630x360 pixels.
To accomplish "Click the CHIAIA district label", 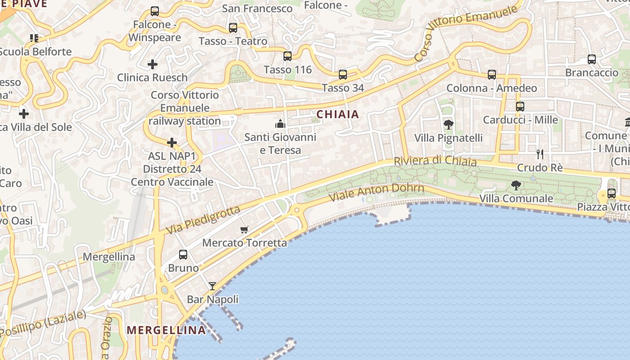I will pyautogui.click(x=337, y=114).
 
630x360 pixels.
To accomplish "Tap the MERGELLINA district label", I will pyautogui.click(x=166, y=330).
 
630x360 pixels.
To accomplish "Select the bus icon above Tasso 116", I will pyautogui.click(x=287, y=56).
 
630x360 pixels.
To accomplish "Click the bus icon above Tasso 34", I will pyautogui.click(x=342, y=74).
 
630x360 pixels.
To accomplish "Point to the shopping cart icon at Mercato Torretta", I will pyautogui.click(x=244, y=230).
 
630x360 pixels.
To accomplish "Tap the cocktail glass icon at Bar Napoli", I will pyautogui.click(x=212, y=286).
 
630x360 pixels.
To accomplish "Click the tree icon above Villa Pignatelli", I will pyautogui.click(x=448, y=125).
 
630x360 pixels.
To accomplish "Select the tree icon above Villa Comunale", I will pyautogui.click(x=516, y=185).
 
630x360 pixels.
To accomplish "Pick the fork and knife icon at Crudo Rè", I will pyautogui.click(x=540, y=154).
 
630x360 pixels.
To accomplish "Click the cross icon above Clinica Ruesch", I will pyautogui.click(x=153, y=64).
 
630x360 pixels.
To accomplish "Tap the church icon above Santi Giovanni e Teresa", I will pyautogui.click(x=280, y=124).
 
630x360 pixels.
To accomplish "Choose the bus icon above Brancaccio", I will pyautogui.click(x=591, y=59).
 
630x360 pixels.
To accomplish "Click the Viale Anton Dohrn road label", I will pyautogui.click(x=376, y=192).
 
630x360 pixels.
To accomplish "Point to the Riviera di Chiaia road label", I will pyautogui.click(x=435, y=161).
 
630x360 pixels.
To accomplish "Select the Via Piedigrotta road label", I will pyautogui.click(x=203, y=220).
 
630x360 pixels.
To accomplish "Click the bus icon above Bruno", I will pyautogui.click(x=183, y=255).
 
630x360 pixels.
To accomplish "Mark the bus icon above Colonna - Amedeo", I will pyautogui.click(x=491, y=75).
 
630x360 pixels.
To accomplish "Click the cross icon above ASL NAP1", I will pyautogui.click(x=171, y=143).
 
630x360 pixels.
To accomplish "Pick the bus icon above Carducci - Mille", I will pyautogui.click(x=520, y=107).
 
